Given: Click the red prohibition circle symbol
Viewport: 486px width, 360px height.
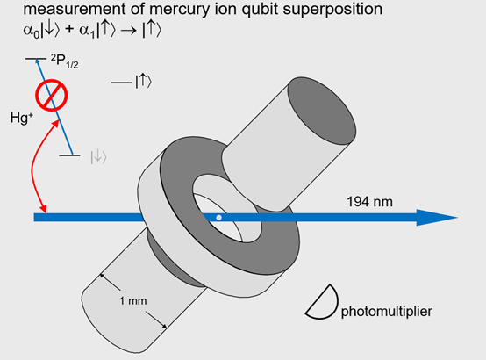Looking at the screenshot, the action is (51, 95).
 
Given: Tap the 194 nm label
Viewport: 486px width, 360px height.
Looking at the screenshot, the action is (369, 202).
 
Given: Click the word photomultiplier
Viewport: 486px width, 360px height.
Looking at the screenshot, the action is (387, 312).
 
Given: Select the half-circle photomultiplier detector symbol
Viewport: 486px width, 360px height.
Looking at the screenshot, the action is (322, 302).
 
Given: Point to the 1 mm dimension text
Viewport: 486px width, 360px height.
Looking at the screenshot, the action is (133, 300).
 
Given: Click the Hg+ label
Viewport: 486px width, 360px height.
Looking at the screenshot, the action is (21, 118).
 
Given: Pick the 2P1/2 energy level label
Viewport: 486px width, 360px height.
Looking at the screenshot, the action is (64, 61).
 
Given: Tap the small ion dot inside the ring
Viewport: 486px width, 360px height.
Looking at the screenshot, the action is (218, 218).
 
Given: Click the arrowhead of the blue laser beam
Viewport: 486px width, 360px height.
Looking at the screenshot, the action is (437, 218).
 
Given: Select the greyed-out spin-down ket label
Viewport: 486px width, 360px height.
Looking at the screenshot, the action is (98, 157).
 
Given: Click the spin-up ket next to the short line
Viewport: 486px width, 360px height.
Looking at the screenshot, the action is (144, 82).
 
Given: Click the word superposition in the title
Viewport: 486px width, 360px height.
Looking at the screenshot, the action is (332, 10).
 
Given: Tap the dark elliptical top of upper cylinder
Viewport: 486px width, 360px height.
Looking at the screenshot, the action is (322, 111).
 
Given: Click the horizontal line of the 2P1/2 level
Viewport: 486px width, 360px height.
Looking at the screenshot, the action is (36, 59).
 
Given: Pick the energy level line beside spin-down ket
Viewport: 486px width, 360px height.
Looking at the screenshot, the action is (69, 155).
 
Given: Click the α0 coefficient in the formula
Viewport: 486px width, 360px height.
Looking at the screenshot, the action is (32, 32).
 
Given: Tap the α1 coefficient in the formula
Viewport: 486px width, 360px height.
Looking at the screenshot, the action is (87, 32).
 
